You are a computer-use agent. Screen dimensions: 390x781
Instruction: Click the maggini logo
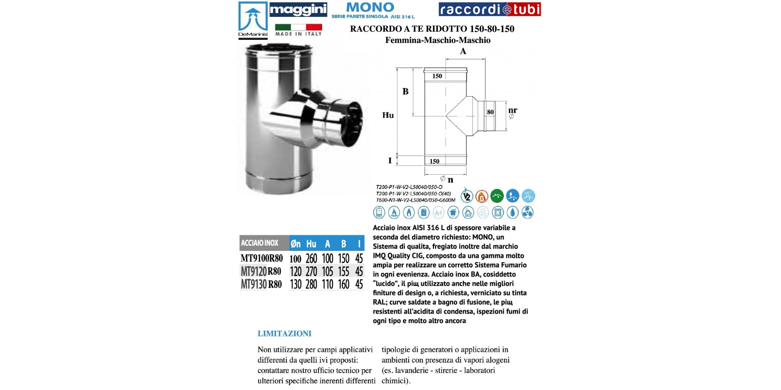(x=298, y=10)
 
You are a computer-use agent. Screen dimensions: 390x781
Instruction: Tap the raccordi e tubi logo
(x=489, y=9)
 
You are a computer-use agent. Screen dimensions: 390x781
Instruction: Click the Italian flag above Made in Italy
(x=298, y=27)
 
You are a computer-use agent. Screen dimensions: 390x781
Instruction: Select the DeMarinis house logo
(x=253, y=19)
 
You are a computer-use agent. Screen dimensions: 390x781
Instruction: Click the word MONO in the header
(x=370, y=7)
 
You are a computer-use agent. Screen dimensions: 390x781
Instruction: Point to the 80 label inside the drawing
(x=490, y=112)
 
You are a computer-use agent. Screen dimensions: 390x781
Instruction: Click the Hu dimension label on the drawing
(x=388, y=115)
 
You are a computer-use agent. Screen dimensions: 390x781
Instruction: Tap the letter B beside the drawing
(x=405, y=91)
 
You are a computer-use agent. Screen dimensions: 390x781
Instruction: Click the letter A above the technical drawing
(x=463, y=51)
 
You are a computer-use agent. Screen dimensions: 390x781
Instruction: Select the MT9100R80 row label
(x=262, y=258)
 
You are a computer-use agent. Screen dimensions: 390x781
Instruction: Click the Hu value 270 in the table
(x=311, y=272)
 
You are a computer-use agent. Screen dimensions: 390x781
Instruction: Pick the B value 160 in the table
(x=343, y=285)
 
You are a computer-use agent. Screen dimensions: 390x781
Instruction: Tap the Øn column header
(x=295, y=244)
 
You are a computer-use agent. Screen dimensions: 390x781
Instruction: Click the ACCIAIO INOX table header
(x=259, y=243)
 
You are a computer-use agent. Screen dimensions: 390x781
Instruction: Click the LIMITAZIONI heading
(x=284, y=334)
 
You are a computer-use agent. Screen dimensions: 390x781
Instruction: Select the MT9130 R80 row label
(x=261, y=285)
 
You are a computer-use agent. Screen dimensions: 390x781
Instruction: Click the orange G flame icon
(x=482, y=196)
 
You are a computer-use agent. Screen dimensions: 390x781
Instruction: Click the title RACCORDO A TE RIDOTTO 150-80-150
(x=432, y=29)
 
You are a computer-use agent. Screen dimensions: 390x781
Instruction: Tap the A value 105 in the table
(x=327, y=272)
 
